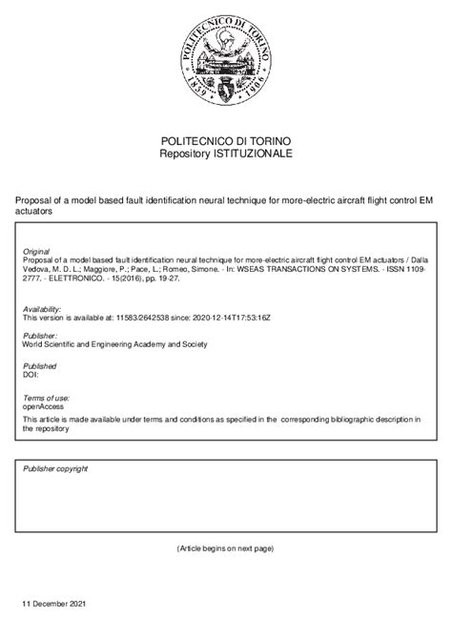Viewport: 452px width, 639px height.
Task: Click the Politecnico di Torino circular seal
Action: pyautogui.click(x=225, y=58)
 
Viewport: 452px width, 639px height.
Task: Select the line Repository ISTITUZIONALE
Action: pyautogui.click(x=225, y=154)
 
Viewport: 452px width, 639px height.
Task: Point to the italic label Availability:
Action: pyautogui.click(x=44, y=309)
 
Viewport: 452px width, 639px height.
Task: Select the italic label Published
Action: pyautogui.click(x=39, y=365)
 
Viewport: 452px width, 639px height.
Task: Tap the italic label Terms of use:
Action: pyautogui.click(x=46, y=396)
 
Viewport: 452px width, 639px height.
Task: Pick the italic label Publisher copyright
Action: pyautogui.click(x=55, y=469)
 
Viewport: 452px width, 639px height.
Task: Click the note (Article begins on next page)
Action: pyautogui.click(x=225, y=549)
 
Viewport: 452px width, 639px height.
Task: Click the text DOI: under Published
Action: pyautogui.click(x=31, y=375)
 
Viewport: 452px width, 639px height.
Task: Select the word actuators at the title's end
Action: pyautogui.click(x=35, y=212)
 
